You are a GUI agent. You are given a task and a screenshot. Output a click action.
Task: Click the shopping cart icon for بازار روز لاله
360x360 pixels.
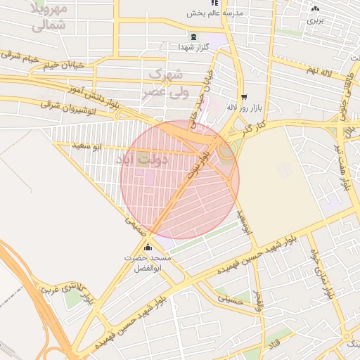point(243,98)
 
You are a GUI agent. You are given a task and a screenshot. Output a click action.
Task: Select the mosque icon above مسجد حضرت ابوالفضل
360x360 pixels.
point(148,247)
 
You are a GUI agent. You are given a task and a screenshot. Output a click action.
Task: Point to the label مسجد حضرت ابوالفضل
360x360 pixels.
point(147,263)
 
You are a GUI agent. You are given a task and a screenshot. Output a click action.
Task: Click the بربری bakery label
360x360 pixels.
point(314,20)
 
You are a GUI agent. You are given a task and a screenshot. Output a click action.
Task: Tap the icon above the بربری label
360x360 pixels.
point(314,9)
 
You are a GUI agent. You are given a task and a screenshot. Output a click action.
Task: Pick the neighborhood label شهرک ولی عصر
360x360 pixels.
point(166,83)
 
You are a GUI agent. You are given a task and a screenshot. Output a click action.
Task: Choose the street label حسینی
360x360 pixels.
point(229,298)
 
